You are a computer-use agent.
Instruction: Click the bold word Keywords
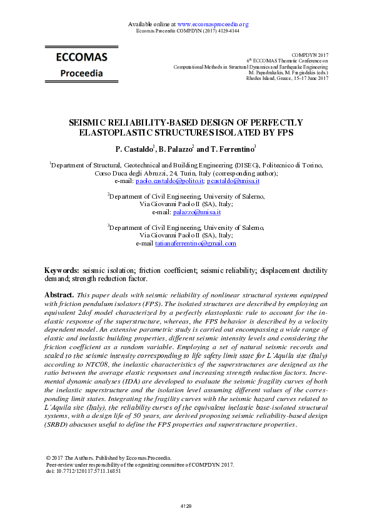pyautogui.click(x=61, y=270)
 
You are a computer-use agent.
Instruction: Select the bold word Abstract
pyautogui.click(x=60, y=294)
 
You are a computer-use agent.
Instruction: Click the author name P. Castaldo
pyautogui.click(x=135, y=150)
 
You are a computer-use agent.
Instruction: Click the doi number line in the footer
pyautogui.click(x=84, y=472)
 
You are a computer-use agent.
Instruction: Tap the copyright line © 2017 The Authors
pyautogui.click(x=104, y=458)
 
